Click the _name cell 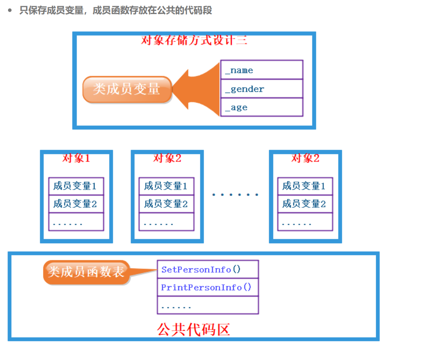tap(262, 70)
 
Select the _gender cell tap(262, 89)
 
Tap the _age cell tap(262, 108)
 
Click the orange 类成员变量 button tap(127, 89)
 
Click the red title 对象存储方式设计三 tap(194, 40)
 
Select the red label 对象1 tap(76, 158)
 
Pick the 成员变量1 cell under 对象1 tap(76, 186)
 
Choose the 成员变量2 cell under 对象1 tap(76, 204)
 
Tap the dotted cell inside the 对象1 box tap(76, 222)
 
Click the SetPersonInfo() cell tap(208, 269)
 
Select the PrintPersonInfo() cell tap(208, 287)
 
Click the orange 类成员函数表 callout tap(87, 272)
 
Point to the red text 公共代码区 tap(193, 330)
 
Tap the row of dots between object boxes tap(235, 195)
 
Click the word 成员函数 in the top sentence tap(106, 10)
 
